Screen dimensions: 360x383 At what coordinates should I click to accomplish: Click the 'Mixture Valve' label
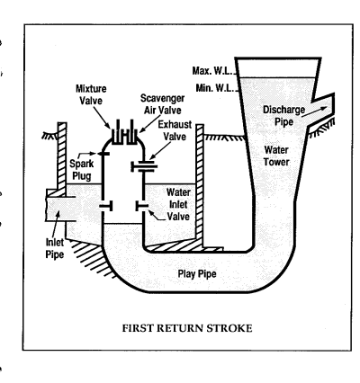point(91,94)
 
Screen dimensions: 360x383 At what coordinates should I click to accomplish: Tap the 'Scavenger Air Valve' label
point(162,104)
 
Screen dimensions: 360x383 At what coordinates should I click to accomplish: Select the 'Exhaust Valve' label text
point(175,130)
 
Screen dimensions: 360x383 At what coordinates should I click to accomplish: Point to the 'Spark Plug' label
point(82,170)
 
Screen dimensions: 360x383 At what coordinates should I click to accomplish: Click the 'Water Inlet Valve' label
point(178,204)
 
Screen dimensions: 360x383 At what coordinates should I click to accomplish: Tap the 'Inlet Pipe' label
point(55,248)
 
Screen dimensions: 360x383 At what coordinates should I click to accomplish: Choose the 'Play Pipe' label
point(197,273)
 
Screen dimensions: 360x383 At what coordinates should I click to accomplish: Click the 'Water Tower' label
point(276,156)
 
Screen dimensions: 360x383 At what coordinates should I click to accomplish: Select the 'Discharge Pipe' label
point(283,116)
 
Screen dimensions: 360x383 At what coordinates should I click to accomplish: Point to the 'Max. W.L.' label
point(212,71)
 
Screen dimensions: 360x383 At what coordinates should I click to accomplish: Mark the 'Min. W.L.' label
point(214,88)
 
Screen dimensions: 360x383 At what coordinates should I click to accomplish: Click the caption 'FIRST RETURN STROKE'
point(187,328)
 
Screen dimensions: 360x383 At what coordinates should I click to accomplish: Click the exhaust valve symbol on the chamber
point(144,166)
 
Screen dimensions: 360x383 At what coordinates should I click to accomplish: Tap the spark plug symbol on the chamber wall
point(103,154)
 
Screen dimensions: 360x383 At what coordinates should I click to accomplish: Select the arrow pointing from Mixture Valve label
point(102,118)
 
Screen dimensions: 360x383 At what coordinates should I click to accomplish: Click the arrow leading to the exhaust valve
point(160,150)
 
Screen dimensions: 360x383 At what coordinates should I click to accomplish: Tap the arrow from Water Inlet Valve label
point(157,215)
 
